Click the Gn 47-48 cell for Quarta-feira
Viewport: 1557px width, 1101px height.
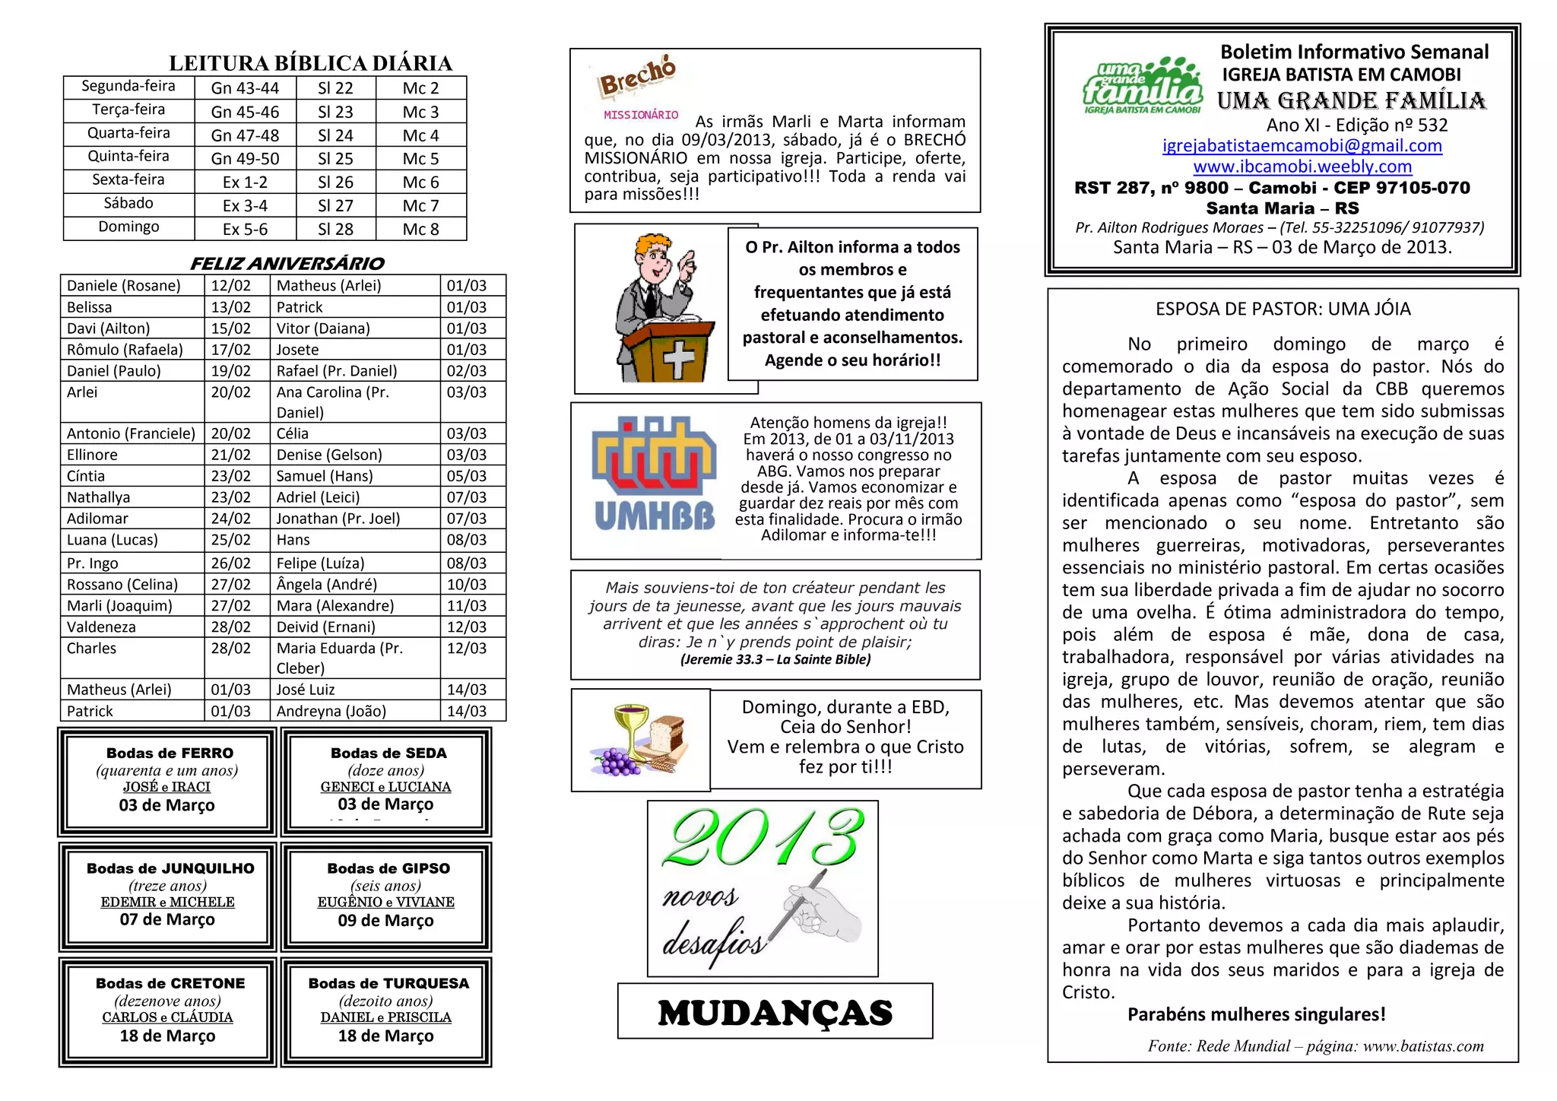coord(245,135)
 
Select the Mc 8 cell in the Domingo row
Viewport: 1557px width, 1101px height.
coord(420,229)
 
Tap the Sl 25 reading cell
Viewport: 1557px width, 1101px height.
coord(335,159)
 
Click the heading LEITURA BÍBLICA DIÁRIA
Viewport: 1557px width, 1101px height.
coord(310,63)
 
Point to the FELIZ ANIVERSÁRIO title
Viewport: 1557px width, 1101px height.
coord(287,263)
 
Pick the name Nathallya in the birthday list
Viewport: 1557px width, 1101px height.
coord(99,497)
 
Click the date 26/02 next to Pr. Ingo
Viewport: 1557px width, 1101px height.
coord(230,563)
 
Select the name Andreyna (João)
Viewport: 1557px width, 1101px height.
coord(331,711)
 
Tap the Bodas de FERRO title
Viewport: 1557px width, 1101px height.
coord(170,753)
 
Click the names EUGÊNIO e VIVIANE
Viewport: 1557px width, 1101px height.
coord(386,902)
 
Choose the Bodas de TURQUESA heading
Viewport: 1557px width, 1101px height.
coord(388,983)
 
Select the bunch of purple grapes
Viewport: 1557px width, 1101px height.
coord(616,760)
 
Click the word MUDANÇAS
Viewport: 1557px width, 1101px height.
coord(775,1013)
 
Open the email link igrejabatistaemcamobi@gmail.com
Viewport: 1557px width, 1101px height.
coord(1302,145)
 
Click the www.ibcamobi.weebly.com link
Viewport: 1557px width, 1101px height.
coord(1302,166)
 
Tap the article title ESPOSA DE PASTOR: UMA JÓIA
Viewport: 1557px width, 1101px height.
coord(1283,309)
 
